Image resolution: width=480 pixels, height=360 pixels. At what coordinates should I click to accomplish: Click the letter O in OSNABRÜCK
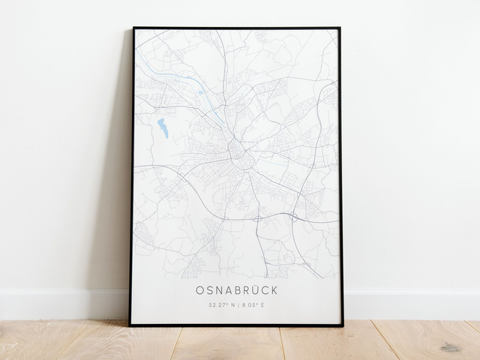[200, 289]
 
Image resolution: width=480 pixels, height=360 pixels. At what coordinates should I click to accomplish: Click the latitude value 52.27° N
[222, 305]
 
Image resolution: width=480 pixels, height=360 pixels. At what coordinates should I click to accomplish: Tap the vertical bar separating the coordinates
[238, 305]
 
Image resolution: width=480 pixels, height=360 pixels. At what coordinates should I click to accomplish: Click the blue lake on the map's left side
[161, 128]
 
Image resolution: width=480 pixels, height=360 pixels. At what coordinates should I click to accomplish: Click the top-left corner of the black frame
[134, 28]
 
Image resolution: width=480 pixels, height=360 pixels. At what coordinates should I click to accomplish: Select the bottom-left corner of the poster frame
[130, 325]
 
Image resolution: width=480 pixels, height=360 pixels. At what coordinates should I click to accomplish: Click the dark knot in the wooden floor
[451, 347]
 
